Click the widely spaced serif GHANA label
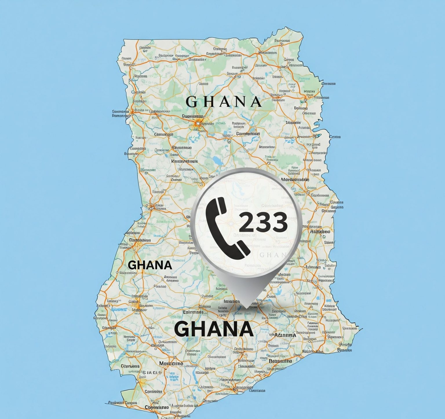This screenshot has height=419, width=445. [223, 102]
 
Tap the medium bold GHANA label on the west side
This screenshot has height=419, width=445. [150, 265]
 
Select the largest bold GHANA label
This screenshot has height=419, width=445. [214, 329]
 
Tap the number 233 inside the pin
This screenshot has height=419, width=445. [263, 222]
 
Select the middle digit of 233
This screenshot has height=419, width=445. [263, 222]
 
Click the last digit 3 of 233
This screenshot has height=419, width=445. [279, 222]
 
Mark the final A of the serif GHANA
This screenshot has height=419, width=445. [256, 102]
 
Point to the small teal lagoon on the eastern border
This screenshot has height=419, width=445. [317, 135]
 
